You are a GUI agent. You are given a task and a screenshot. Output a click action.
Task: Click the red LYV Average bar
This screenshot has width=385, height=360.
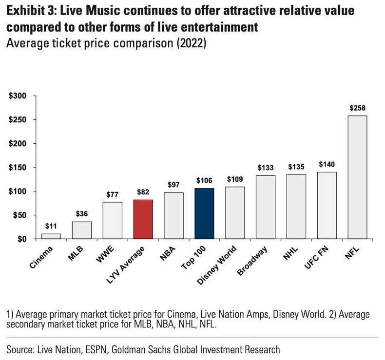(x=143, y=219)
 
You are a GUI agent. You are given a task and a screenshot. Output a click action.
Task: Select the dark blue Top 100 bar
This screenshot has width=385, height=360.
(x=204, y=213)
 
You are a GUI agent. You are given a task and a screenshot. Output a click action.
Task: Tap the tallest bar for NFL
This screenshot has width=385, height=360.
(x=357, y=177)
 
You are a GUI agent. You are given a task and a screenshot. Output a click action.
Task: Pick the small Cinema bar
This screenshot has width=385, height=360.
(x=51, y=236)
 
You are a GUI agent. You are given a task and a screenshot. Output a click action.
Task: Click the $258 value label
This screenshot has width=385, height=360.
(x=357, y=108)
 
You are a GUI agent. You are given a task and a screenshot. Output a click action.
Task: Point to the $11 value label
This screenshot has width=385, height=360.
(x=51, y=227)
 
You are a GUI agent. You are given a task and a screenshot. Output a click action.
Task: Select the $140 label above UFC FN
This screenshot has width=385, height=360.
(x=327, y=164)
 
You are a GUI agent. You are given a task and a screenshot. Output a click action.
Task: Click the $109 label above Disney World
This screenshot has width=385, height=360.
(x=235, y=179)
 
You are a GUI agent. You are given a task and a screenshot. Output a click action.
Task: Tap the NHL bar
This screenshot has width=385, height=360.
(x=296, y=207)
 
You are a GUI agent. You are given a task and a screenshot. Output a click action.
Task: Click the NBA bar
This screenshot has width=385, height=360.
(x=173, y=216)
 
